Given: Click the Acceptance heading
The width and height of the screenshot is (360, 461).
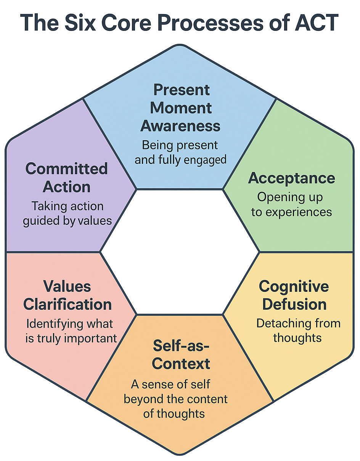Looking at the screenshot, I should click(x=292, y=178).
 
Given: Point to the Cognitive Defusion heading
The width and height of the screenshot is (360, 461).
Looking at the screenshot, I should click(x=294, y=295).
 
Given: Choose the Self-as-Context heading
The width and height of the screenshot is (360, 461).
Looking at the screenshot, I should click(x=181, y=354).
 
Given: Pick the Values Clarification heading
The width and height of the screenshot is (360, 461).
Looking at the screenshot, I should click(x=67, y=295).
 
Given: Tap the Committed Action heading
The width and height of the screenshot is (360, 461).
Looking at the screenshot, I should click(x=67, y=178).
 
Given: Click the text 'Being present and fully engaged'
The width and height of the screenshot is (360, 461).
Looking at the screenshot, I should click(x=180, y=152).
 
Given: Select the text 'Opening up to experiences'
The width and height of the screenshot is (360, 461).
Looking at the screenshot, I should click(x=291, y=205).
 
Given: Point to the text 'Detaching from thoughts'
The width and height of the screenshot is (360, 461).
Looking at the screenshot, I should click(x=298, y=330).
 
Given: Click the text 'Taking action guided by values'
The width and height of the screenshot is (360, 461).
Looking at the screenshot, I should click(x=67, y=213).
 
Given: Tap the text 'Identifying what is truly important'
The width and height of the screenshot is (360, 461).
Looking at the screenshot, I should click(x=71, y=331).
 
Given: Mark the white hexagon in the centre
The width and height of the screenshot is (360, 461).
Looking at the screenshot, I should click(x=180, y=251).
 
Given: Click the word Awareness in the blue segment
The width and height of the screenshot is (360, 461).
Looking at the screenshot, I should click(x=180, y=126).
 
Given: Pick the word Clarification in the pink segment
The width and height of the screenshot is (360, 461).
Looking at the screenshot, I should click(x=67, y=304).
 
